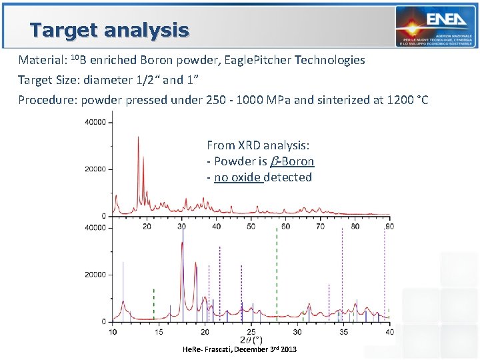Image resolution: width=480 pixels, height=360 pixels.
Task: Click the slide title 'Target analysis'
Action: coord(109,30)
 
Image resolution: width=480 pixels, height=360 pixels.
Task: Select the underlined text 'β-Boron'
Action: coord(292,161)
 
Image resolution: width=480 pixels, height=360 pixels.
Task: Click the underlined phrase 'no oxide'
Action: coord(239,177)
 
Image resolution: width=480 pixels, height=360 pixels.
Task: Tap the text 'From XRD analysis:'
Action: coord(258,145)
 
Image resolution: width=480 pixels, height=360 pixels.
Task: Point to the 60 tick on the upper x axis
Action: coord(285,227)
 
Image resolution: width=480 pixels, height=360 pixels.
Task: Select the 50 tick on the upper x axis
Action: coord(251,227)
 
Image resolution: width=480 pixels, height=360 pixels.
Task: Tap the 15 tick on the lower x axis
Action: coord(159,331)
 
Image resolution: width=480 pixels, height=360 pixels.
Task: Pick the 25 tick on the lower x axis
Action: coord(251,331)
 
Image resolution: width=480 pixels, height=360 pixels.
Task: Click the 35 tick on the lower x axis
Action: coord(343,331)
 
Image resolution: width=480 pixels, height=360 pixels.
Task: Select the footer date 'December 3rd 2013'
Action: coord(265,349)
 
